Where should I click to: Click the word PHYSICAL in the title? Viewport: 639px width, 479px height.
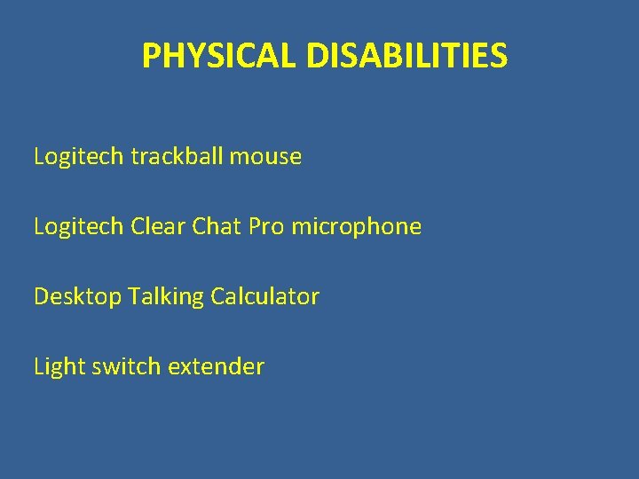pos(221,57)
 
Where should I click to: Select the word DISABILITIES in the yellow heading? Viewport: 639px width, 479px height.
pos(407,57)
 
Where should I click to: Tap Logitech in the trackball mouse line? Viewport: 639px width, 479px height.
pos(79,157)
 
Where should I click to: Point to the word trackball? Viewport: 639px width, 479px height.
pos(177,157)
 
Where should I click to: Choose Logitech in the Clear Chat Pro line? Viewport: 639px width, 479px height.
pos(79,227)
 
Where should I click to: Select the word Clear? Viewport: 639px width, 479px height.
pos(157,227)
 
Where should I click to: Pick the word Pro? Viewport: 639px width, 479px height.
pos(266,227)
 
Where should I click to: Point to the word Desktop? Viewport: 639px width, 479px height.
pos(77,297)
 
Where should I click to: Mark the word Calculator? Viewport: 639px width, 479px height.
pos(264,296)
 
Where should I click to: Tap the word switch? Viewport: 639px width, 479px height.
pos(120,366)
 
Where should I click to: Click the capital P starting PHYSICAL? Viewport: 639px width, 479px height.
pos(150,57)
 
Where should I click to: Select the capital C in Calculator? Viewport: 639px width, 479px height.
pos(217,296)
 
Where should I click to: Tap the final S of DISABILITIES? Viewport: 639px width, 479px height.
pos(500,57)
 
